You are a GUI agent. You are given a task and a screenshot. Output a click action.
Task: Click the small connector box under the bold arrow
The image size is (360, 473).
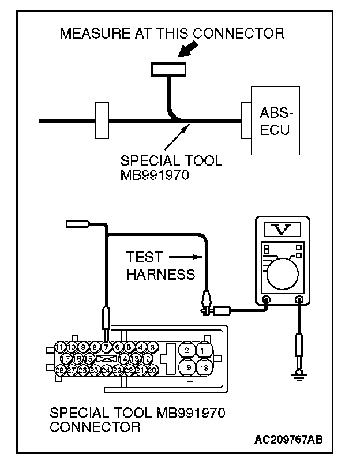tap(168, 69)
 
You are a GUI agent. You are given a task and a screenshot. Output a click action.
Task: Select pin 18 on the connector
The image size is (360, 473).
tap(204, 367)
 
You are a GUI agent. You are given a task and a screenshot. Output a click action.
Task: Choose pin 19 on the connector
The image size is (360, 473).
tap(186, 367)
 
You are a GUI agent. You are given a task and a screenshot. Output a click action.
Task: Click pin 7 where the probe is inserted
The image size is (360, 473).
tap(107, 347)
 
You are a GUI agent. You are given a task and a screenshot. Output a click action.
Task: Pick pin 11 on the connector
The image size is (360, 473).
tap(60, 347)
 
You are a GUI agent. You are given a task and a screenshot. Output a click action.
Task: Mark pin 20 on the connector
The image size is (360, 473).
tap(152, 370)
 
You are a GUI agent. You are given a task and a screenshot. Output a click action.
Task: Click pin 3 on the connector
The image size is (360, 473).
tap(152, 347)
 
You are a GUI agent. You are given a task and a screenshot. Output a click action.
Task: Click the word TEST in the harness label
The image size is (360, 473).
tap(145, 257)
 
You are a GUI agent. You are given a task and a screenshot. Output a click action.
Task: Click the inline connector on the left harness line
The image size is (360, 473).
tap(101, 121)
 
